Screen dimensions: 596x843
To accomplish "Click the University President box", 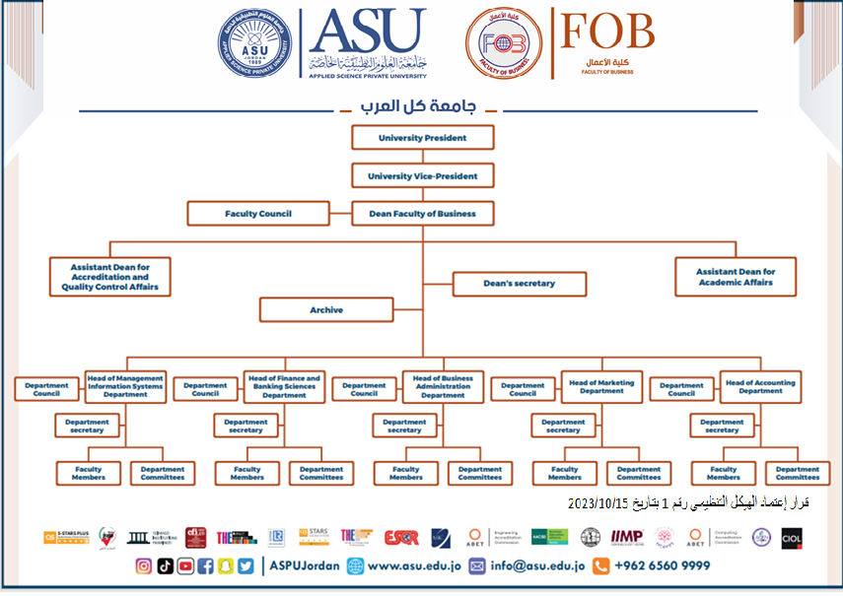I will (x=422, y=138).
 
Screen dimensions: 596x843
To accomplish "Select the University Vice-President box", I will (x=422, y=176).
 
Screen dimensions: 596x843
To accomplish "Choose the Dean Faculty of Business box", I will (x=422, y=214).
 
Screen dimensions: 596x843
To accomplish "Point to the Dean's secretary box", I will (x=520, y=284).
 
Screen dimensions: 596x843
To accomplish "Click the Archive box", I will (x=326, y=310).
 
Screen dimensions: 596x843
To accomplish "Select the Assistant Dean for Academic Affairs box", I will (x=735, y=277).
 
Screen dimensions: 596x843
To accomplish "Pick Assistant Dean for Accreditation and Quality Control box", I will (x=109, y=277).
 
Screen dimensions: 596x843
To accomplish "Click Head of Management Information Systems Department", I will (x=125, y=386).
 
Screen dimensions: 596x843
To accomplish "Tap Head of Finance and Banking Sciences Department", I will (x=284, y=386).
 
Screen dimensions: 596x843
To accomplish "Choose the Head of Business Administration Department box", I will (x=443, y=386).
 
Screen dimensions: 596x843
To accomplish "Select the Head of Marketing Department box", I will (x=601, y=386).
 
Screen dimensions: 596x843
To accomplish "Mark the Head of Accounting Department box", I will (x=759, y=386).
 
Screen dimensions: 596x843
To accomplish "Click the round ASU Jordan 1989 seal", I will (x=254, y=43).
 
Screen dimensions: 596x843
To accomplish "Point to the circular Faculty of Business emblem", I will (x=503, y=44).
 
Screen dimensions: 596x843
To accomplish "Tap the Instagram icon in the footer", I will (x=144, y=566).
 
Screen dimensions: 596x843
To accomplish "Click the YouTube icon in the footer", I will (x=185, y=566).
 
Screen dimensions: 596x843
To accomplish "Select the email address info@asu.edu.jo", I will (x=537, y=566).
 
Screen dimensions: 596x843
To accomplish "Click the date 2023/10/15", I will (x=597, y=503).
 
